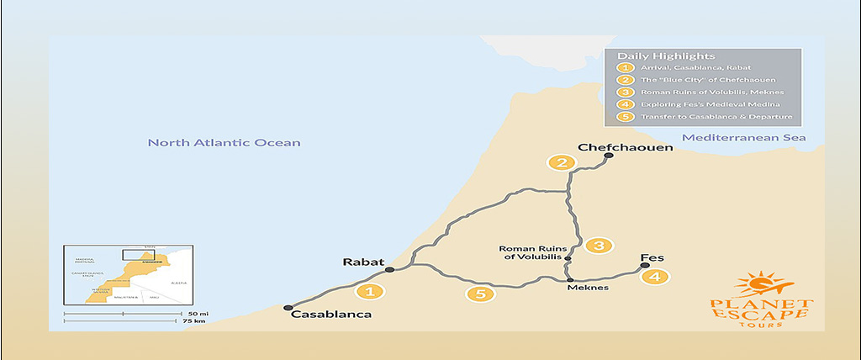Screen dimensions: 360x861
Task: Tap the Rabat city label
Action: tap(363, 262)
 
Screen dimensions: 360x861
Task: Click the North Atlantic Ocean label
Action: tap(224, 143)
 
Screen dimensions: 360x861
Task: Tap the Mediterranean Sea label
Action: tap(744, 137)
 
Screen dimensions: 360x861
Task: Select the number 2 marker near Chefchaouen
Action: tap(557, 162)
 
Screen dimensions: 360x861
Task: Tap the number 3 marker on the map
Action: tap(599, 246)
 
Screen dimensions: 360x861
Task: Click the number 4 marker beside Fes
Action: tap(658, 276)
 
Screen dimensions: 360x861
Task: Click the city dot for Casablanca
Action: tap(288, 307)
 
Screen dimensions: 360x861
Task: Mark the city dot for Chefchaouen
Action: tap(608, 156)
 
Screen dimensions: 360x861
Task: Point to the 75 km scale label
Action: tap(198, 320)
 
